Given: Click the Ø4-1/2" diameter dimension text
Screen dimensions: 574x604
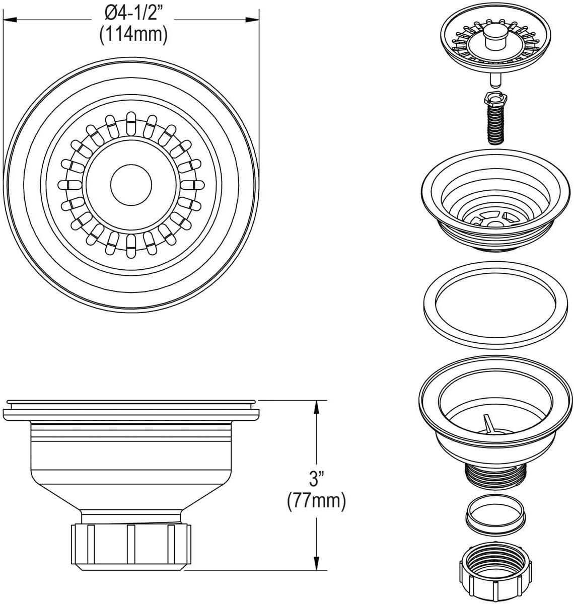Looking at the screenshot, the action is tap(133, 13).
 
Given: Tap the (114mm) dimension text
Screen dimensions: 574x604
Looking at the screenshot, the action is tap(133, 34).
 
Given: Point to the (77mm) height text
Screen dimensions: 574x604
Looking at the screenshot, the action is tap(317, 501).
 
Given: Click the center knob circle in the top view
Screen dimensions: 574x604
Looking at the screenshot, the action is tap(131, 185).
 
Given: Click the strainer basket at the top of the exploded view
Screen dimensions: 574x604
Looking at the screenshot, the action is tap(495, 43).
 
